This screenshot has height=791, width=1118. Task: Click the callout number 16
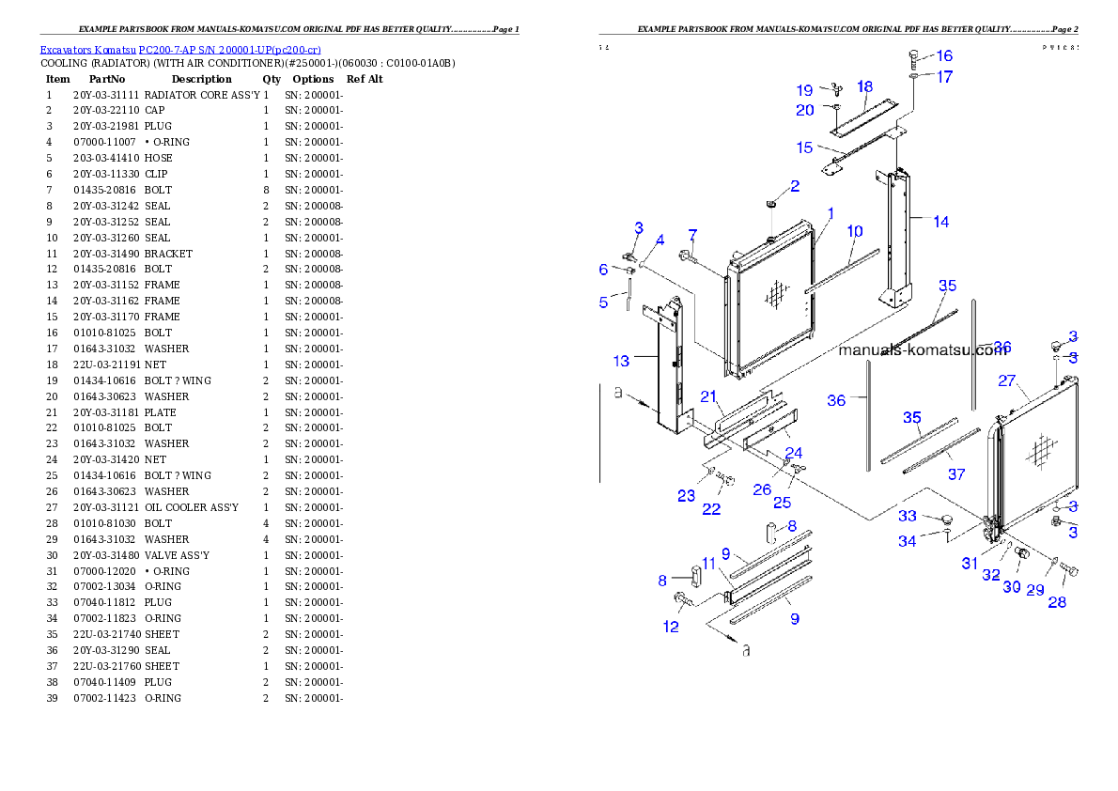click(943, 56)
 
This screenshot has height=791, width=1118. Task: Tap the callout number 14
click(940, 222)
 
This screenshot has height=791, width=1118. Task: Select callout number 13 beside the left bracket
click(621, 361)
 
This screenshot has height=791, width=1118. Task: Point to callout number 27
click(1007, 380)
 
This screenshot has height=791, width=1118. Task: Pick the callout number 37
click(955, 474)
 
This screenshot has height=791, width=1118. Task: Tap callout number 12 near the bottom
click(671, 627)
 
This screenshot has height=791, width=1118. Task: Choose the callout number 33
click(907, 516)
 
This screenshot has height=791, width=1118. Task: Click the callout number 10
click(854, 231)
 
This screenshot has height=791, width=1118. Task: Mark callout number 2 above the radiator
click(794, 186)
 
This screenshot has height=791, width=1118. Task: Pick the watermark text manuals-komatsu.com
click(922, 350)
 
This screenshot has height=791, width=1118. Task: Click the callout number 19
click(805, 90)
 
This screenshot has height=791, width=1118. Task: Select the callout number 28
click(1057, 602)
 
